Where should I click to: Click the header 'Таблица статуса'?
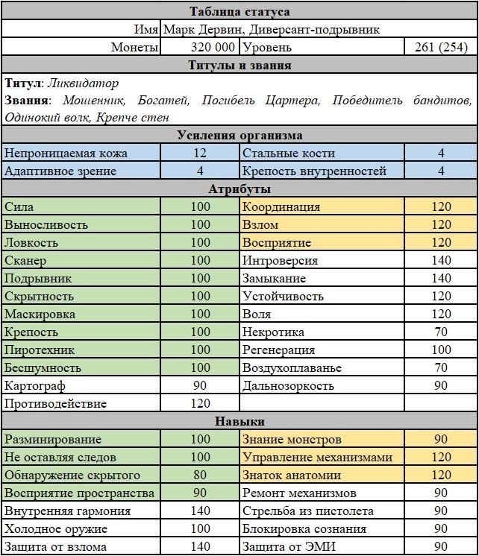(x=239, y=11)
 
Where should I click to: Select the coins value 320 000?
(x=200, y=47)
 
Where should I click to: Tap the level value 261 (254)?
(x=441, y=47)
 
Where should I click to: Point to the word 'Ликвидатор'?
(x=78, y=83)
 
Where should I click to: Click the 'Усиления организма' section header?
(x=239, y=135)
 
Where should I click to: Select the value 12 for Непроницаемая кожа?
(x=200, y=153)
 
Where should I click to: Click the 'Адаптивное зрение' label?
(x=60, y=171)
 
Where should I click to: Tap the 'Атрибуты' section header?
(x=239, y=189)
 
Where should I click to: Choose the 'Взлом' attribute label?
(x=260, y=224)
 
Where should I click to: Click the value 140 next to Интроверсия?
(x=441, y=260)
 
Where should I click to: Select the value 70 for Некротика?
(x=441, y=332)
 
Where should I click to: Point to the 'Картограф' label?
(x=35, y=385)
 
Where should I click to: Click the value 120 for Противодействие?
(x=200, y=403)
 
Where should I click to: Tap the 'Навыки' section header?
(x=239, y=422)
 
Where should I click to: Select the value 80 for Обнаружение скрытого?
(x=200, y=475)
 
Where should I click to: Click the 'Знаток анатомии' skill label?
(x=291, y=475)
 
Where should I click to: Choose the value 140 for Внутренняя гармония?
(x=200, y=511)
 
